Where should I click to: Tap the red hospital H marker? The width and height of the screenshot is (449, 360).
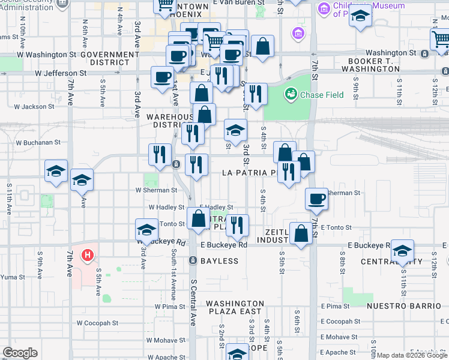pos(88,256)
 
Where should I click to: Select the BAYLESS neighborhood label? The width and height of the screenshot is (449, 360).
pos(220,261)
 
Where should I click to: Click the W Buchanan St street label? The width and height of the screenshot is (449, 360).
pos(38,143)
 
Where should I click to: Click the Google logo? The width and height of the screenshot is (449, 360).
pos(20,353)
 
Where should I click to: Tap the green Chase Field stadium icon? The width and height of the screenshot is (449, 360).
pos(291,94)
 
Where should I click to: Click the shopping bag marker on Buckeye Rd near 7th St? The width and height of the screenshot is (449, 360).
pos(301,234)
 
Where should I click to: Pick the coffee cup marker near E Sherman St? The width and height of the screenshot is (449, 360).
pos(316,199)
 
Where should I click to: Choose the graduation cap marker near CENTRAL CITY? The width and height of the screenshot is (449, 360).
pos(403,250)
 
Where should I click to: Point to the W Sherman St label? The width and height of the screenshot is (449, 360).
pos(157,190)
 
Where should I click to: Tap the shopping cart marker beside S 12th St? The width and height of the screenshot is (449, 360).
pos(441,40)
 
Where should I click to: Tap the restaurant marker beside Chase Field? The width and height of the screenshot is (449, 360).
pos(256,94)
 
